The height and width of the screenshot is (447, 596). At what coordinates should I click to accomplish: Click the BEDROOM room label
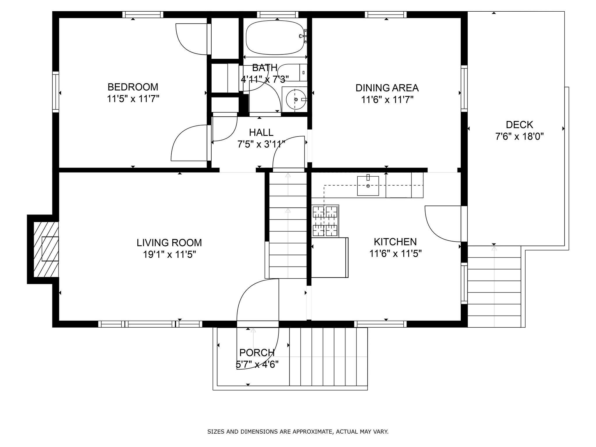[x=133, y=87]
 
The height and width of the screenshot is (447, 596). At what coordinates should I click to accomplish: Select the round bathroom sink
[x=295, y=100]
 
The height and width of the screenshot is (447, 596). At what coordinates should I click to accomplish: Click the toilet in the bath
[x=292, y=72]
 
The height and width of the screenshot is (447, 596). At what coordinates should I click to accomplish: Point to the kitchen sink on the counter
[x=368, y=186]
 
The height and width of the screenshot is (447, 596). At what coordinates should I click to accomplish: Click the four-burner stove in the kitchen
[x=325, y=221]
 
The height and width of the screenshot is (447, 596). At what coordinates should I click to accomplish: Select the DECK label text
[x=519, y=125]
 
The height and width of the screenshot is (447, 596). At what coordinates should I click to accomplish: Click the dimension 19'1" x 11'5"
[x=169, y=255]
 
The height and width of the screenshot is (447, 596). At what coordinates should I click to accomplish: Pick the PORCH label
[x=257, y=352]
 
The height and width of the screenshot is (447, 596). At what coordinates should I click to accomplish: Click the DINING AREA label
[x=387, y=88]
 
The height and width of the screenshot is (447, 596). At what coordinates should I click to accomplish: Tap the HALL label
[x=261, y=132]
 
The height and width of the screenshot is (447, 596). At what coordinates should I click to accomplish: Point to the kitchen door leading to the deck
[x=443, y=224]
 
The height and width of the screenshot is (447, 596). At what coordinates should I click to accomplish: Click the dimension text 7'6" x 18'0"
[x=519, y=136]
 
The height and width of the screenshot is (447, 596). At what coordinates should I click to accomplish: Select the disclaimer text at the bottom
[x=298, y=432]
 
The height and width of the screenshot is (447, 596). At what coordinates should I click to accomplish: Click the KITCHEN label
[x=395, y=242]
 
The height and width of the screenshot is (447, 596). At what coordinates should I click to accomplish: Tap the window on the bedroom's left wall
[x=56, y=92]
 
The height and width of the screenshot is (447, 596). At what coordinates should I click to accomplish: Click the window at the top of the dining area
[x=386, y=15]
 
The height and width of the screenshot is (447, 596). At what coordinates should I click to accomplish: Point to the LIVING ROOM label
[x=169, y=242]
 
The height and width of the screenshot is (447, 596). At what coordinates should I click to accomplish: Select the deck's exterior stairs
[x=494, y=287]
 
